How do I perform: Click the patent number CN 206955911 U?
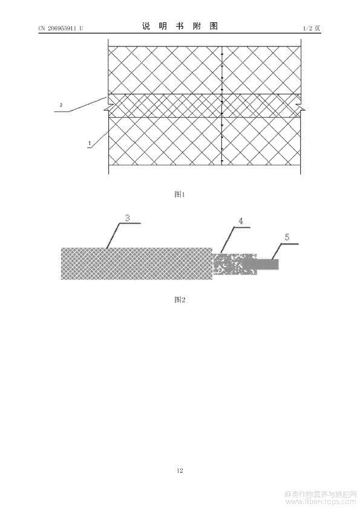coord(61,28)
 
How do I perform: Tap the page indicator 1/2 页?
coord(312,28)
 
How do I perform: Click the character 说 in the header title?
coord(146,26)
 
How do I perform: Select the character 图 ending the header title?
coord(214,26)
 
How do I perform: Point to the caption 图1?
coord(180,195)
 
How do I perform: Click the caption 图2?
coord(180,300)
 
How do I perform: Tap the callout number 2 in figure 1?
coord(61,105)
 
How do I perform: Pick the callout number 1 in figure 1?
coord(90,143)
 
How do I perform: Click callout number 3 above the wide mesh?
coord(128,218)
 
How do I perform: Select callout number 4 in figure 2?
coord(241,221)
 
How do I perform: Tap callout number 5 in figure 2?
coord(287,238)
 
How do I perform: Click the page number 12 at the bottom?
coord(180,470)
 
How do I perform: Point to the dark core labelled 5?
coord(267,264)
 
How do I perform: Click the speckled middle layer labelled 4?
coord(235,264)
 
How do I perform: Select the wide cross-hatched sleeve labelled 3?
coord(137,264)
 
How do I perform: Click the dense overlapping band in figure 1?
coord(205,106)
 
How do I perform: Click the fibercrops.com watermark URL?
coord(320,502)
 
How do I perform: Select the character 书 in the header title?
coord(180,26)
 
